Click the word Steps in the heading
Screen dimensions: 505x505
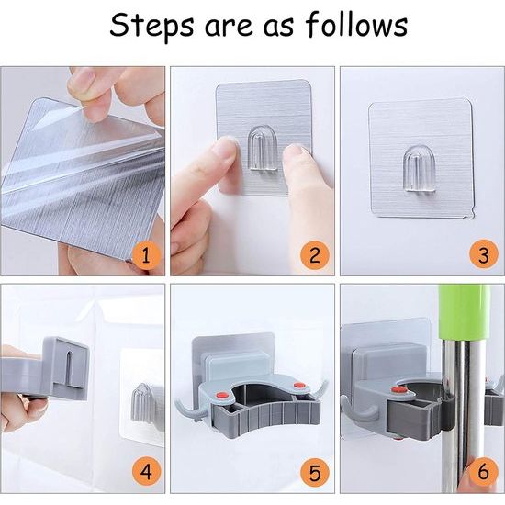pyautogui.click(x=151, y=26)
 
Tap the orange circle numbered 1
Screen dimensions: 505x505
pyautogui.click(x=147, y=256)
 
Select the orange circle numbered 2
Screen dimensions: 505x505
pyautogui.click(x=315, y=256)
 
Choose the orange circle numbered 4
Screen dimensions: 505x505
pyautogui.click(x=147, y=472)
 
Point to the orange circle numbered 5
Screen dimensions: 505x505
pyautogui.click(x=315, y=472)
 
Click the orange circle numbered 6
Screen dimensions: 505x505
pyautogui.click(x=483, y=472)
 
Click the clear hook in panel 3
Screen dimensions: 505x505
pyautogui.click(x=419, y=168)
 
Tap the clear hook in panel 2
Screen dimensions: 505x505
pyautogui.click(x=264, y=148)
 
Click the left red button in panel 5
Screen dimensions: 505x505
pyautogui.click(x=222, y=395)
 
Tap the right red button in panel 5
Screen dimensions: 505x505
pyautogui.click(x=299, y=385)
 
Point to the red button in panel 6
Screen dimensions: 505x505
pyautogui.click(x=398, y=390)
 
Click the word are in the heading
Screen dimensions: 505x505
pyautogui.click(x=229, y=27)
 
